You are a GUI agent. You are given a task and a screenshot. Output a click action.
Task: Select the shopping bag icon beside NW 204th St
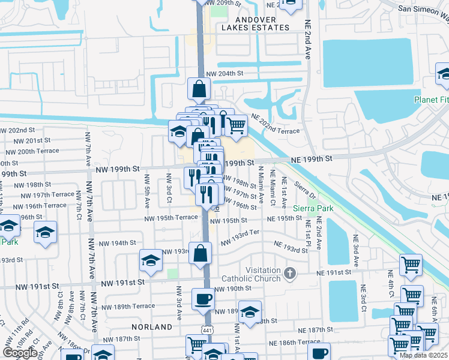pos(199,90)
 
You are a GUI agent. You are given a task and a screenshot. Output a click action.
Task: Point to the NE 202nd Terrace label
pos(275,128)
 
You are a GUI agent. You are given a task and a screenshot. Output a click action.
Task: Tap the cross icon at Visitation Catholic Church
pos(290,274)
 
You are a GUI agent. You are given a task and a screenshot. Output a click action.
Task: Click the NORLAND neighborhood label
pos(154,327)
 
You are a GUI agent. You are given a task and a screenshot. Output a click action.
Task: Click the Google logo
pos(20,353)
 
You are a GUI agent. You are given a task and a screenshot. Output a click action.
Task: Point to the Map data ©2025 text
pos(424,355)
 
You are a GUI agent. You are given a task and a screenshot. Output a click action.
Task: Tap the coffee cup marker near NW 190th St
pos(203,299)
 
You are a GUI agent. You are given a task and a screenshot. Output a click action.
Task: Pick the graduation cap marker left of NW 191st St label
pos(151,260)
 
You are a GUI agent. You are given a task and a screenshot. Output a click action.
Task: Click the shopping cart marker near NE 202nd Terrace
pos(237,125)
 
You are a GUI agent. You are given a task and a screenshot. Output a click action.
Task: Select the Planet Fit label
pos(431,100)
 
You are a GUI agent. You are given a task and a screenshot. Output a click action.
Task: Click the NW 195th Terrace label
pos(170,217)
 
